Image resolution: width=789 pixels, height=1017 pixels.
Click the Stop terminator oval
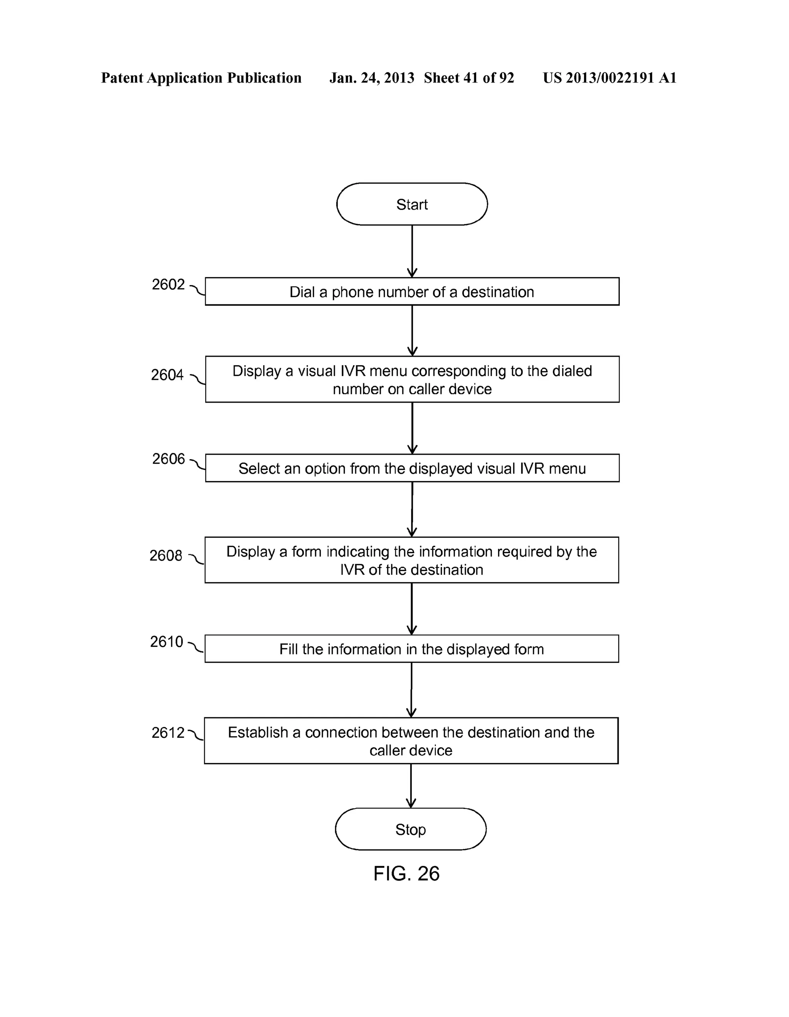click(x=410, y=829)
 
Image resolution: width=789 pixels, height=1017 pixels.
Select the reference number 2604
click(x=167, y=374)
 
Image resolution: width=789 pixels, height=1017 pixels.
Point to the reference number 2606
click(x=169, y=459)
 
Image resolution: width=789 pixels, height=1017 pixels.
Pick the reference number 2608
click(x=166, y=555)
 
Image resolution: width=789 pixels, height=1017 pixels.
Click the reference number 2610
click(x=167, y=642)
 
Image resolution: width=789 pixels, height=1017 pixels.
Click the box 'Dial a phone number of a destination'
click(x=412, y=292)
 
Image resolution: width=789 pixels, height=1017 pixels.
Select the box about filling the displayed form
click(x=411, y=649)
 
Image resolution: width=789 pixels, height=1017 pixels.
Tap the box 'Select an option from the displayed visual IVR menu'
click(x=412, y=468)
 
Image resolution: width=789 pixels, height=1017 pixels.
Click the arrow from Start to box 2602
click(x=412, y=252)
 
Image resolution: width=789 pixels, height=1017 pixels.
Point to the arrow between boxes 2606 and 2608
click(x=412, y=509)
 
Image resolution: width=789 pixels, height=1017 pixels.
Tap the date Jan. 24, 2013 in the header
click(x=372, y=78)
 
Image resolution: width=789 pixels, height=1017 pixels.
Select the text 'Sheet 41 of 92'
click(x=468, y=78)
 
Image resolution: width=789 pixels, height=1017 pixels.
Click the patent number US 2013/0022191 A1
click(x=609, y=78)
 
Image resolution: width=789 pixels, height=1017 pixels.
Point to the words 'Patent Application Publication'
click(x=201, y=78)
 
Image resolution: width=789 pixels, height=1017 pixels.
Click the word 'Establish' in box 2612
click(x=258, y=732)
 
